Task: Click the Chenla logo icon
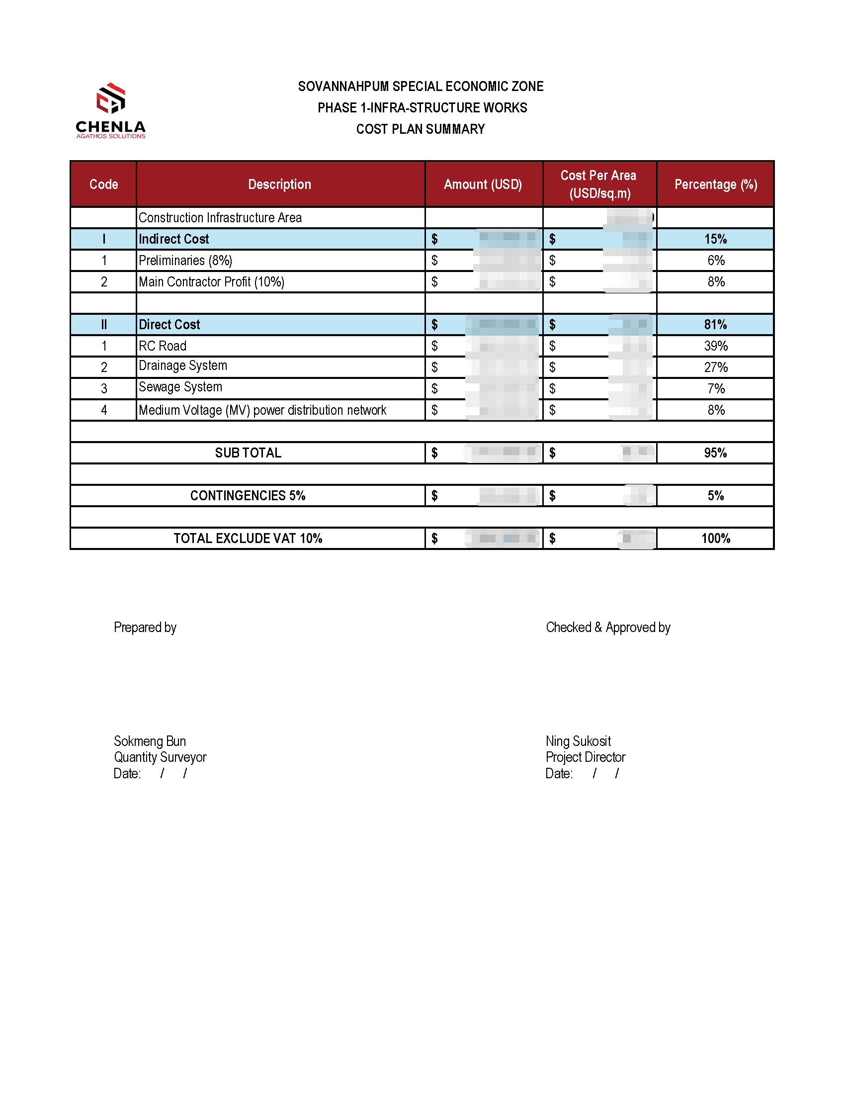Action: pyautogui.click(x=111, y=98)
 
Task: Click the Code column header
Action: pyautogui.click(x=103, y=184)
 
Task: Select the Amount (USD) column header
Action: pyautogui.click(x=483, y=184)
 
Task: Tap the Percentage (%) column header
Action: pyautogui.click(x=715, y=184)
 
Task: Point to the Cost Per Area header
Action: pyautogui.click(x=599, y=184)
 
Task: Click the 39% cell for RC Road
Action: pyautogui.click(x=715, y=346)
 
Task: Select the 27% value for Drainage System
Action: pyautogui.click(x=715, y=367)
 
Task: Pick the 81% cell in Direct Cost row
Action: pyautogui.click(x=715, y=325)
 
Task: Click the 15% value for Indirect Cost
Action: pyautogui.click(x=715, y=239)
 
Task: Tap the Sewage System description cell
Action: pyautogui.click(x=180, y=387)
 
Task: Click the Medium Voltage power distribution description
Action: pyautogui.click(x=262, y=410)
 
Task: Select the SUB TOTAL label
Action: pyautogui.click(x=248, y=453)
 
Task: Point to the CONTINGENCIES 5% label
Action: pyautogui.click(x=248, y=495)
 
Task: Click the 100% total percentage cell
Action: pyautogui.click(x=715, y=539)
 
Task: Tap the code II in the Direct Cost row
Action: pyautogui.click(x=103, y=325)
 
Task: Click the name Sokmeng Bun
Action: pyautogui.click(x=150, y=741)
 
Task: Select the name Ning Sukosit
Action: pyautogui.click(x=578, y=741)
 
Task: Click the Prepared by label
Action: pyautogui.click(x=145, y=627)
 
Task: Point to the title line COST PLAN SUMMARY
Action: pyautogui.click(x=421, y=129)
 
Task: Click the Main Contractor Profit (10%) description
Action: pyautogui.click(x=211, y=282)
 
